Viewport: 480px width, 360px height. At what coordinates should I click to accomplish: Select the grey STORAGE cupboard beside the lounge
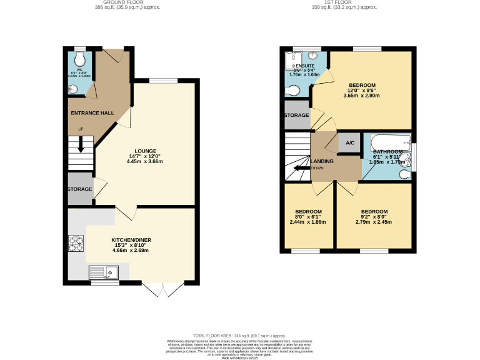pyautogui.click(x=80, y=189)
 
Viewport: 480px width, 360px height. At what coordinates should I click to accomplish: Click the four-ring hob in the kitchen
pyautogui.click(x=76, y=242)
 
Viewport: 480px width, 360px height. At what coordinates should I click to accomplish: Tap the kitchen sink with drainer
pyautogui.click(x=104, y=272)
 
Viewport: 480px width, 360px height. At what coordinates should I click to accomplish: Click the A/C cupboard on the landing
pyautogui.click(x=350, y=143)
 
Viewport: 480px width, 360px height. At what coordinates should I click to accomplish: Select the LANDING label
pyautogui.click(x=322, y=162)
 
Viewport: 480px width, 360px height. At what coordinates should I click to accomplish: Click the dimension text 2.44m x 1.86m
pyautogui.click(x=308, y=222)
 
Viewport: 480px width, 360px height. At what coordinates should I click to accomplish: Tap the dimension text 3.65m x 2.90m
pyautogui.click(x=362, y=96)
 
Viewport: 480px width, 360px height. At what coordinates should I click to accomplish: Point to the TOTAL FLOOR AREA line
pyautogui.click(x=240, y=336)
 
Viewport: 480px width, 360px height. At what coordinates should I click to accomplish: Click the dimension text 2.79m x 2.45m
pyautogui.click(x=374, y=222)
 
